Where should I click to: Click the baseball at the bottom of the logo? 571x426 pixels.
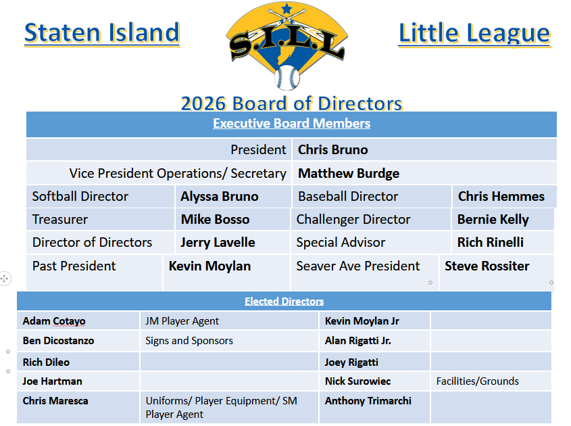287,78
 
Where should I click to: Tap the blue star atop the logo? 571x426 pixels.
287,8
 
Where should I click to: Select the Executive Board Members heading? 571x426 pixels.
292,123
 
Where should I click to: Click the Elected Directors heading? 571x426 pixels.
284,302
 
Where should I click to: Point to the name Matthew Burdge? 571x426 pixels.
349,174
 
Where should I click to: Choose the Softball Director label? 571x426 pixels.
80,196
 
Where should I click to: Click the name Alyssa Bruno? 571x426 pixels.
220,196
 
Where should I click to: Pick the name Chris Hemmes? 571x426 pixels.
501,196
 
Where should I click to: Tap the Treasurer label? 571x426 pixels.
60,219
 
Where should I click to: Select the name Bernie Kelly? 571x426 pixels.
493,220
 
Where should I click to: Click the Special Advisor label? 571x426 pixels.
341,242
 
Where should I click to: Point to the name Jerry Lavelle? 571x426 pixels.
218,243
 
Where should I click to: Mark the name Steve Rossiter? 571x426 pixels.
487,266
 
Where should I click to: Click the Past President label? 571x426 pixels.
74,266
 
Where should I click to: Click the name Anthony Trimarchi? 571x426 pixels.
368,401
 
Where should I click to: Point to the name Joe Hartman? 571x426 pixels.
53,381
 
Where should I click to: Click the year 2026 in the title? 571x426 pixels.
203,104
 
